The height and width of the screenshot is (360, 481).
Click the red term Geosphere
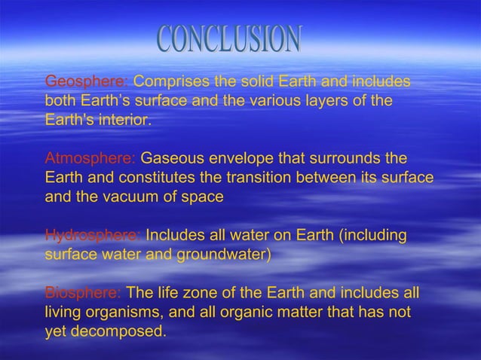[87, 81]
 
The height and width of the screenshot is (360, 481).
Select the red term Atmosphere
[90, 160]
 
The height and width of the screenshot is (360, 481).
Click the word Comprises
[170, 81]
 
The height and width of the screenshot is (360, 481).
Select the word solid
[258, 81]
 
